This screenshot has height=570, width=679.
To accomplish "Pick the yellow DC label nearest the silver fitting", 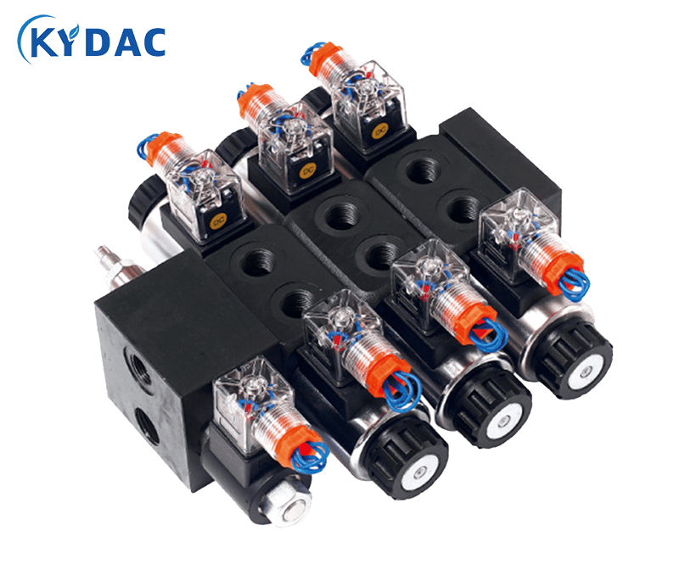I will point(217,224).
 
